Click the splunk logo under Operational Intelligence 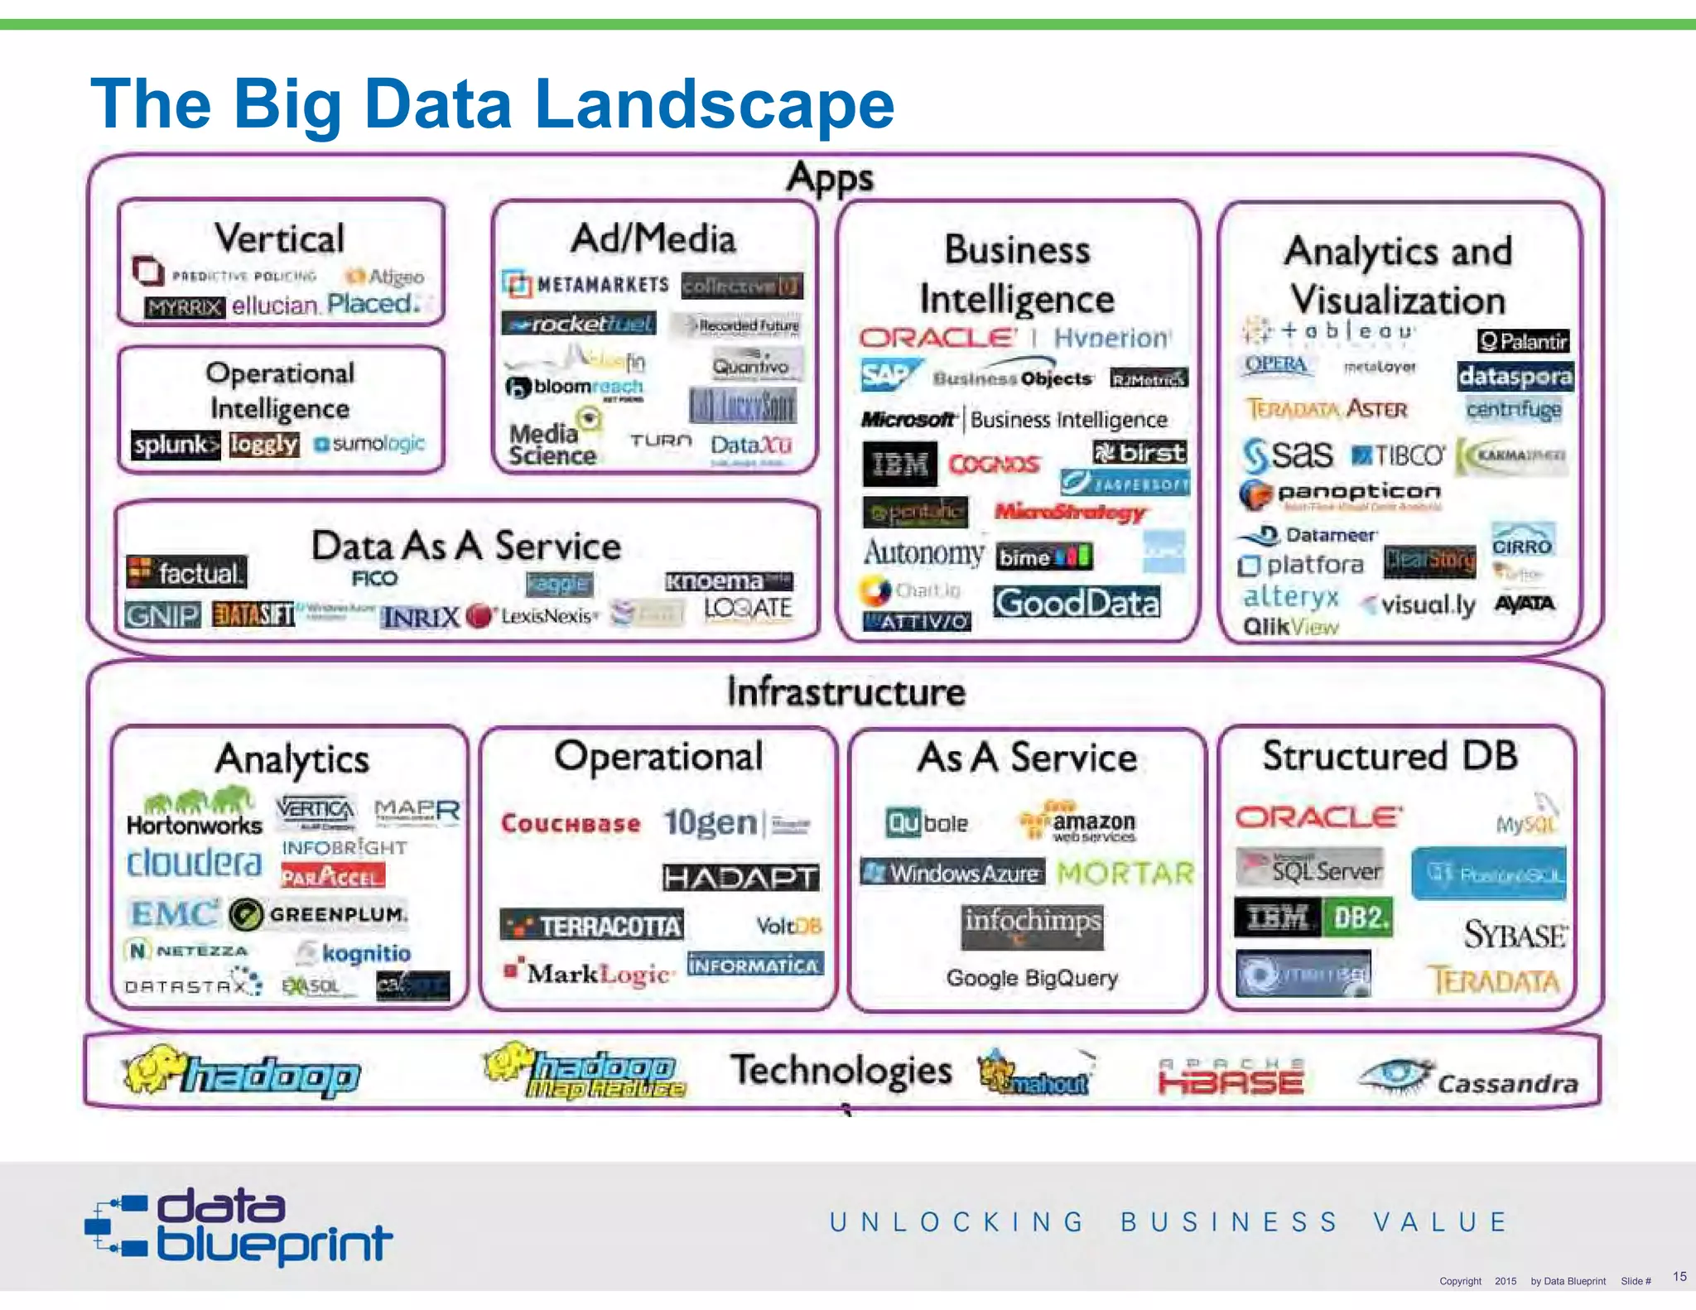[175, 445]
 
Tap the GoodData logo [1077, 603]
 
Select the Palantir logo [1523, 341]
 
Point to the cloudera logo [195, 863]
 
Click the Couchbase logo [571, 823]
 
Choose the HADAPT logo [740, 878]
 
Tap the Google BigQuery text [1032, 978]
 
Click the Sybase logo [1515, 935]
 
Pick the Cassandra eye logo [1396, 1076]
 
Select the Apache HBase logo [1231, 1077]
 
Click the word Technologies [841, 1070]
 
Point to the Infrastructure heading [846, 691]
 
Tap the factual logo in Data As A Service [187, 572]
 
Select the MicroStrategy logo [1070, 513]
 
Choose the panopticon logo [1342, 494]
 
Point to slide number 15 [1679, 1276]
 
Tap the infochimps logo [1032, 924]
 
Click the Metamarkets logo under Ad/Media [585, 285]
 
